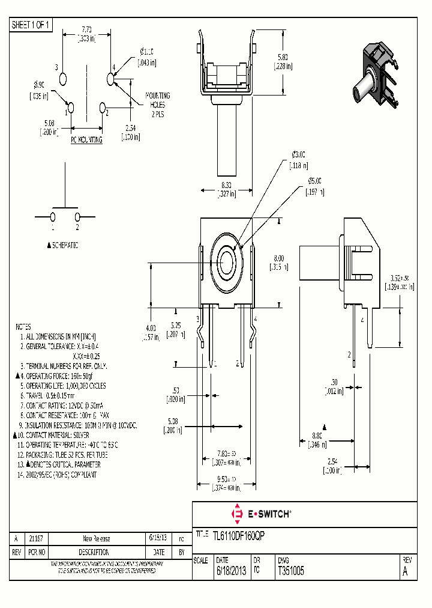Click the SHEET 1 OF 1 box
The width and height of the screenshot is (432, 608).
[32, 25]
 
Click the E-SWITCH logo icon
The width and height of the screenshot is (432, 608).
[237, 514]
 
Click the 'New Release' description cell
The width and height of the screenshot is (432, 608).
[96, 538]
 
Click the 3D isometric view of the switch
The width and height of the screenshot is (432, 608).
[374, 78]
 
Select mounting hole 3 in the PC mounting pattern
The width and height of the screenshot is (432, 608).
[64, 79]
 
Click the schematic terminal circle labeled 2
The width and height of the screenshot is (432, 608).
[77, 216]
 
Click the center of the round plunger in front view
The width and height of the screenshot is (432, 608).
[227, 262]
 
